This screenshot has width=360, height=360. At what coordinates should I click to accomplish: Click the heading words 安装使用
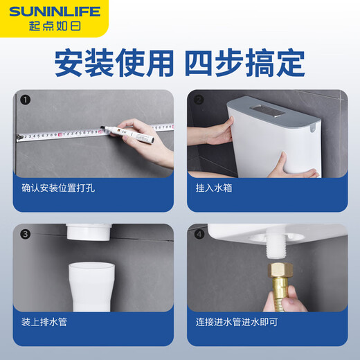tap(113, 63)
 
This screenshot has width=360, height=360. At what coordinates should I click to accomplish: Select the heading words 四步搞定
tap(244, 63)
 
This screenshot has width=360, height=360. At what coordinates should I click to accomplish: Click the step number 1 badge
tap(25, 100)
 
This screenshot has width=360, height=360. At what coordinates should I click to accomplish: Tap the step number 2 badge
tap(199, 100)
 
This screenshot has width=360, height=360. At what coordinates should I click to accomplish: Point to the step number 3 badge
tap(25, 233)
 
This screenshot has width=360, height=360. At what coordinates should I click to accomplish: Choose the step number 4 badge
tap(199, 233)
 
